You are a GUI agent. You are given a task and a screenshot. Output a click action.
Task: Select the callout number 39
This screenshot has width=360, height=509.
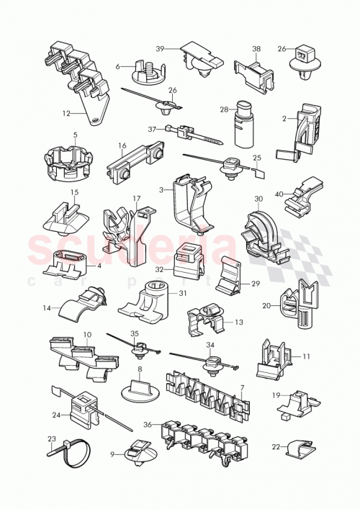[161, 48]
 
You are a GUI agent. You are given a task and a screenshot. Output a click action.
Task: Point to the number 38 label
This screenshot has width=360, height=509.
[256, 50]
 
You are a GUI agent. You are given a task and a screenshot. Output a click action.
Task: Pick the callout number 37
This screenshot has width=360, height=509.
[152, 129]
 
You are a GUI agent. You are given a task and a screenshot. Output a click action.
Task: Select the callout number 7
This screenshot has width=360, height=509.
[243, 388]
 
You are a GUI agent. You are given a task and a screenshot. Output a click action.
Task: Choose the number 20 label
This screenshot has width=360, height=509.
[266, 305]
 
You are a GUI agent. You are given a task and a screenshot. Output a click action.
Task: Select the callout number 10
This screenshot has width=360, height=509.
[87, 335]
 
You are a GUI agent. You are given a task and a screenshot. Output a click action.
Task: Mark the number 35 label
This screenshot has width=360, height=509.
[134, 333]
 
